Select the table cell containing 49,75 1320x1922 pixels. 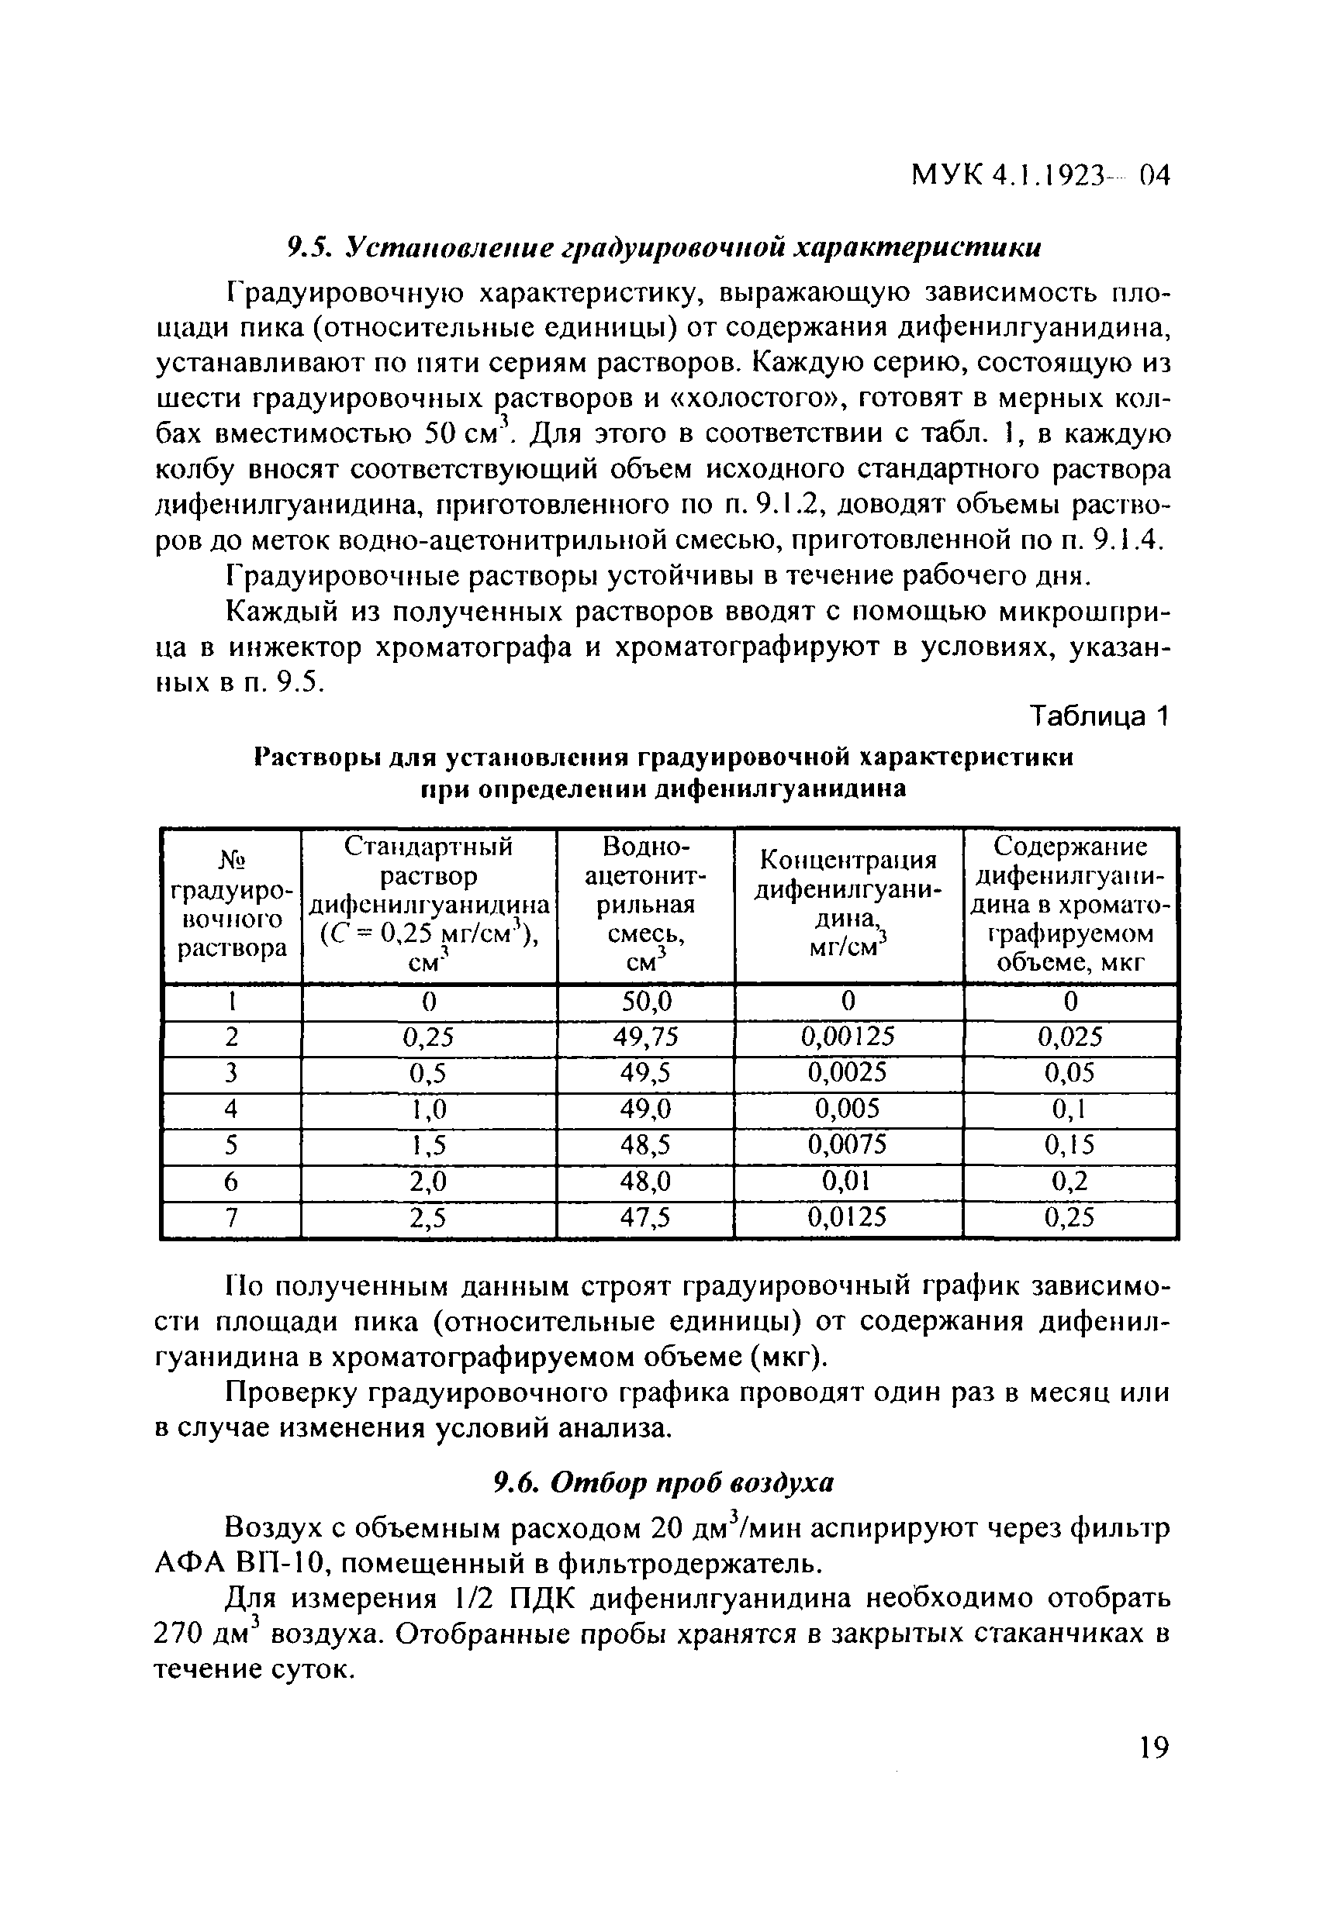point(645,1037)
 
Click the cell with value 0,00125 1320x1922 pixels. point(848,1037)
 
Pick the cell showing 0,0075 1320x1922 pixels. point(848,1144)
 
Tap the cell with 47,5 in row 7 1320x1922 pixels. point(645,1216)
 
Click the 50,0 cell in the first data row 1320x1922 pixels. point(645,1002)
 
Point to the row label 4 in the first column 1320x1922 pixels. point(232,1108)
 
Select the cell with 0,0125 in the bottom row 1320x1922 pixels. point(848,1216)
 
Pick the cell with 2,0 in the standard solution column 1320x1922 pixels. point(428,1181)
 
